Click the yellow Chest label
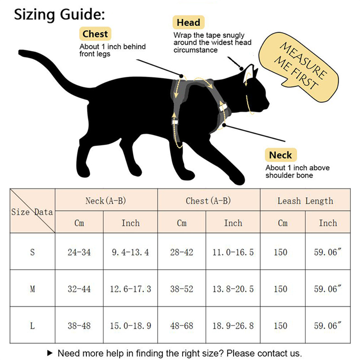coord(95,34)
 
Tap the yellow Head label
coord(188,23)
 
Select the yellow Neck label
coord(280,155)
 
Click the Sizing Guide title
coord(60,15)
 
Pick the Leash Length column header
coord(305,201)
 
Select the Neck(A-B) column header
coord(106,201)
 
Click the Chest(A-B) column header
coord(208,201)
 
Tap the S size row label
coord(32,252)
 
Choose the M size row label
coord(32,289)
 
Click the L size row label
coord(32,326)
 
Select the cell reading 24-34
coord(79,252)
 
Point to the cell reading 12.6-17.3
coord(130,289)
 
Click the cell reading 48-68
coord(182,326)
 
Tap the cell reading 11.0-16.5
coord(233,252)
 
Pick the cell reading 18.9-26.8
coord(233,326)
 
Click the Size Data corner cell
coord(32,211)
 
